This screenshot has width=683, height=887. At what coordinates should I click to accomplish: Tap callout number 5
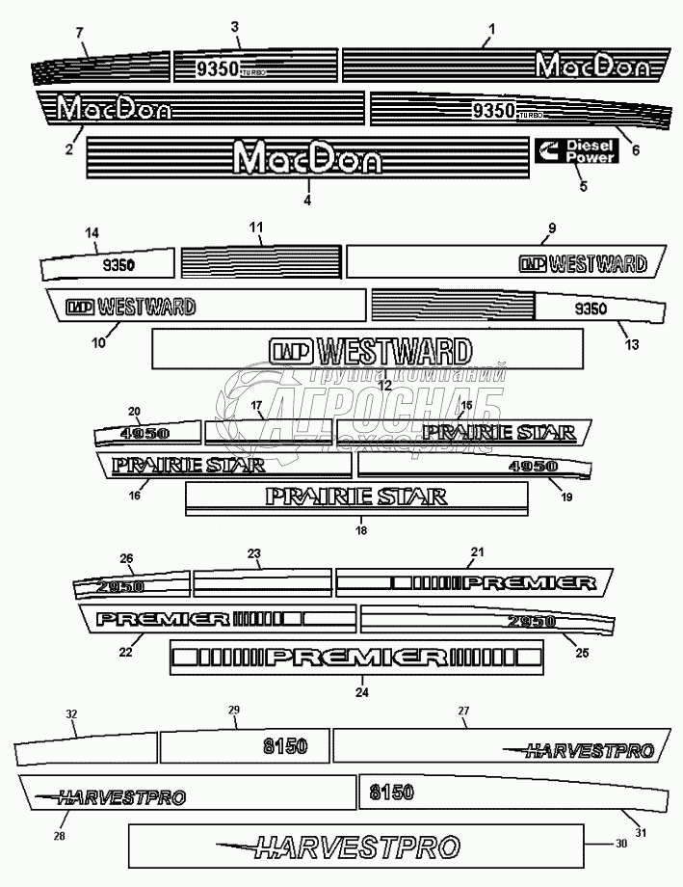583,186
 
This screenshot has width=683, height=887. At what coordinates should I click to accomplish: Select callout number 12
383,384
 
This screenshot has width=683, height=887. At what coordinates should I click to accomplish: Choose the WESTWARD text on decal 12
371,349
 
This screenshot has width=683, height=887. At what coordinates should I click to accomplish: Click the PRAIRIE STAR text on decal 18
356,497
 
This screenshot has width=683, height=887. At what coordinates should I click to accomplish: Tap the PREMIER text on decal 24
356,658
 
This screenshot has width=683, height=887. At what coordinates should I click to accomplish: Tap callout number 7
80,33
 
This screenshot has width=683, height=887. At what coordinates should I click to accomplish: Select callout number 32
71,714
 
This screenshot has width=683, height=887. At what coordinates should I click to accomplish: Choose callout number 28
60,835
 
